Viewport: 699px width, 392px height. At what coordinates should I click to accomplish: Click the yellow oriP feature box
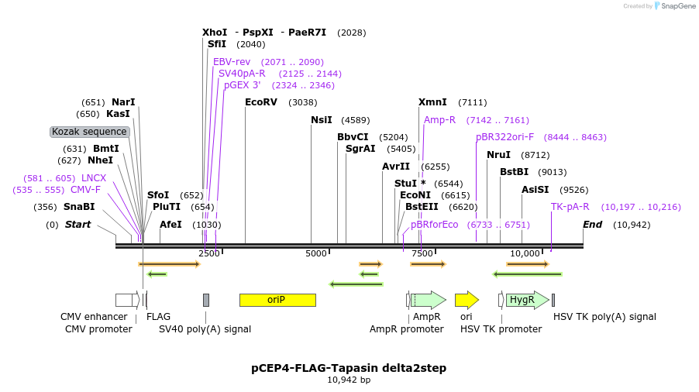click(x=277, y=300)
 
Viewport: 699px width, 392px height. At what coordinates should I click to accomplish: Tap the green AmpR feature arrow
click(x=429, y=300)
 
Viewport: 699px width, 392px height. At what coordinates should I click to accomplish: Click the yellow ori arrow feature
click(x=466, y=300)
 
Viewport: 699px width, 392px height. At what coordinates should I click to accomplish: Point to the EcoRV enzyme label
click(x=260, y=101)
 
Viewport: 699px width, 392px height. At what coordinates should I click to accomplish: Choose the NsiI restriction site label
click(x=321, y=120)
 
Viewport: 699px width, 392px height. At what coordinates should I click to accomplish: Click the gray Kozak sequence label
click(x=89, y=132)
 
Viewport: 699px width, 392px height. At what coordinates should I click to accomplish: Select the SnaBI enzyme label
click(x=79, y=207)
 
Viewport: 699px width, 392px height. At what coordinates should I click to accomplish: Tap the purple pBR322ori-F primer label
click(x=504, y=137)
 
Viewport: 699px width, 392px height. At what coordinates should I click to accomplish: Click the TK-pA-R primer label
click(x=570, y=207)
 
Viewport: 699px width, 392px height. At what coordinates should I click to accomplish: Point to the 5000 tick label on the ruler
click(x=316, y=253)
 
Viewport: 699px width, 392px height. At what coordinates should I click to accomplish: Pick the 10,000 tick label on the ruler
click(x=525, y=253)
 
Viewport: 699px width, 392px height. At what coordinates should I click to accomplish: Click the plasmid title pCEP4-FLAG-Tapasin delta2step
click(x=349, y=368)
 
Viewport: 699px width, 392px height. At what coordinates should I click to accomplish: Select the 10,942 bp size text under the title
click(x=349, y=380)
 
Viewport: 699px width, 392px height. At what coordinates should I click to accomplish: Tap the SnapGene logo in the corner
click(x=673, y=6)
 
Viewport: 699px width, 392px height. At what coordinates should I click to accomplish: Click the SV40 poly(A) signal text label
click(x=205, y=328)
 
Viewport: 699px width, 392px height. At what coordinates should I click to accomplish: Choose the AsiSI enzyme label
click(x=535, y=190)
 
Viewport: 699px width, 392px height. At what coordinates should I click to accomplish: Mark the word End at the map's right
click(x=593, y=225)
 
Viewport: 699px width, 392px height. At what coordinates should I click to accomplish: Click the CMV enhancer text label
click(x=94, y=317)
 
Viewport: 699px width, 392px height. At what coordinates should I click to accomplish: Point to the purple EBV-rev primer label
click(x=232, y=61)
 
